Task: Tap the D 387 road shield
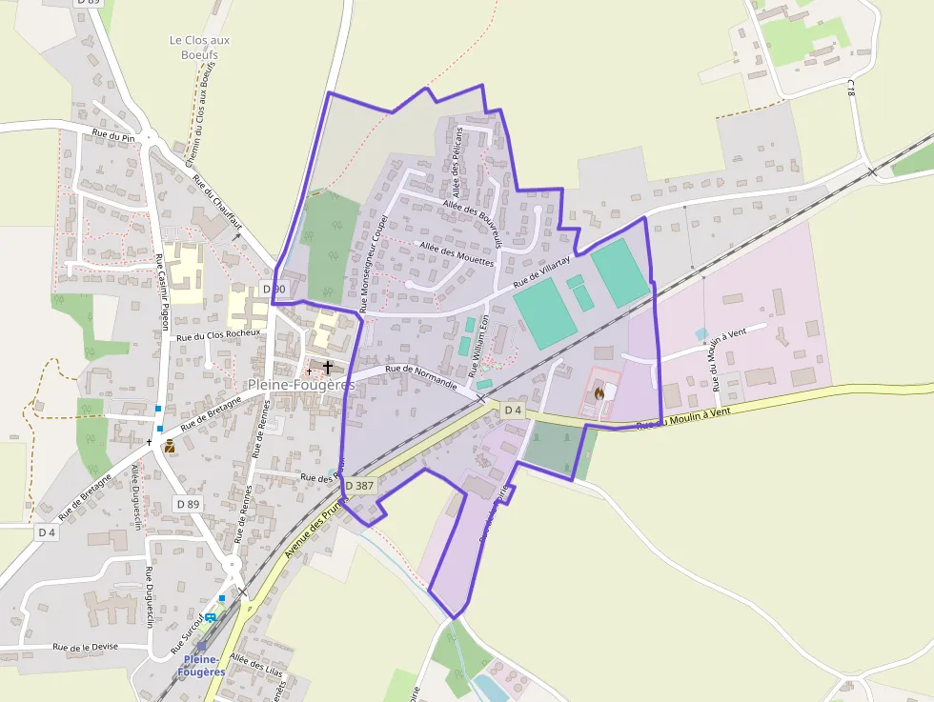click(x=360, y=486)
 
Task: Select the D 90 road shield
click(x=274, y=289)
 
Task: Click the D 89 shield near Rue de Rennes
click(x=188, y=503)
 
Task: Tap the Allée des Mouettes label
click(x=457, y=253)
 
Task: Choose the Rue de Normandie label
click(x=421, y=378)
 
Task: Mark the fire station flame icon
click(x=599, y=392)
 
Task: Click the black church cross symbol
click(x=328, y=367)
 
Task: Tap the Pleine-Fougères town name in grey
click(x=300, y=385)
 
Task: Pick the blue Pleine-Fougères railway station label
click(x=201, y=665)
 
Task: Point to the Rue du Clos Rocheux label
click(x=219, y=335)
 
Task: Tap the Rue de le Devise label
click(x=86, y=647)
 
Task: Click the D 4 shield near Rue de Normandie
click(x=513, y=410)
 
